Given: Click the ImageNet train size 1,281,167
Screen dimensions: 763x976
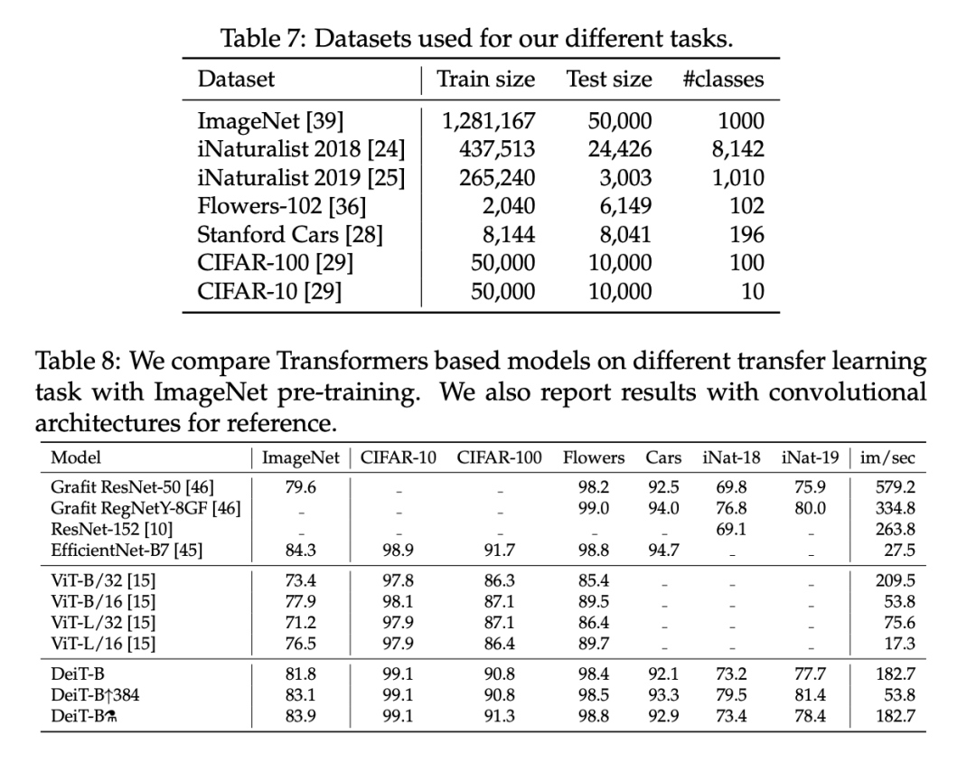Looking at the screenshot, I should point(488,120).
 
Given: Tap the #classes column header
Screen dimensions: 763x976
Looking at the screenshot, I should point(723,79).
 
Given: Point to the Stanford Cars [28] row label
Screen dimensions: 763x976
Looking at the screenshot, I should point(290,234).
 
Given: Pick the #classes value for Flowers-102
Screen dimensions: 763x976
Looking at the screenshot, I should point(746,206).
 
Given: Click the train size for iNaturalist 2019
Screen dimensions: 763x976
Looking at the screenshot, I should point(495,177).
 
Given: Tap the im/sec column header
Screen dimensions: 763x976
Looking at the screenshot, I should point(887,457).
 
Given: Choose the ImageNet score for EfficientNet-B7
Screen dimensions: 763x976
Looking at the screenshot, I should point(300,550).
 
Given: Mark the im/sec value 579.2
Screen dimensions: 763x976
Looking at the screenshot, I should point(896,487).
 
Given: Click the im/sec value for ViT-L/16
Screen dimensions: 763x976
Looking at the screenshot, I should point(900,644).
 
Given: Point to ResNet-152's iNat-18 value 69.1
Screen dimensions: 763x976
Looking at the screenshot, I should point(730,529).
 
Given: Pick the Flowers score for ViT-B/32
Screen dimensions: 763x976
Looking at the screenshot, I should point(594,581).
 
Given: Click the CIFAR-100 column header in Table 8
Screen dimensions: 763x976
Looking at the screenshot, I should point(499,457).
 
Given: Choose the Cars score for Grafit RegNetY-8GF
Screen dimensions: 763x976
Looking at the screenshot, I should point(663,508).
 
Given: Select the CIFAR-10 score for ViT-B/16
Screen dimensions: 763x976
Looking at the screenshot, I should point(398,602).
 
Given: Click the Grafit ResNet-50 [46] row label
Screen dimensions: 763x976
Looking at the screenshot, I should point(133,487).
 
